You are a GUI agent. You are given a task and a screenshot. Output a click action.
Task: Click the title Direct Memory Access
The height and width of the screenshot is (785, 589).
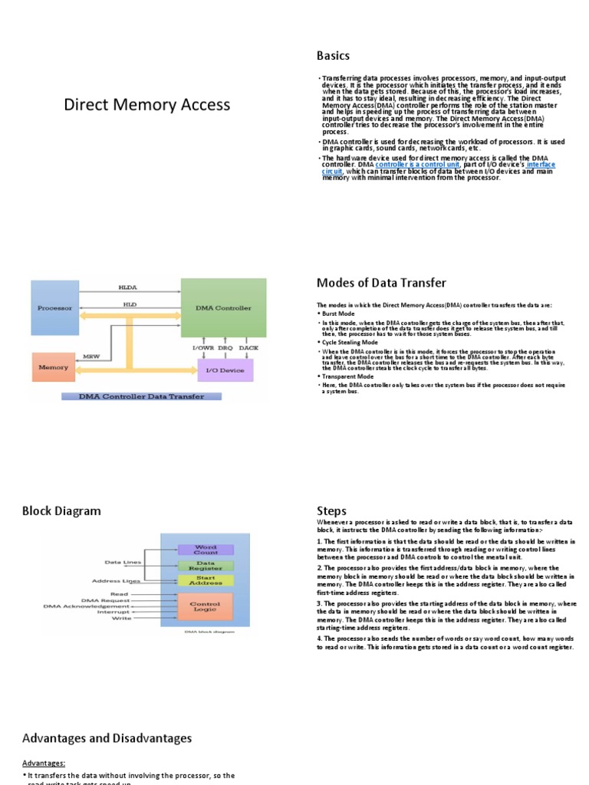coord(146,104)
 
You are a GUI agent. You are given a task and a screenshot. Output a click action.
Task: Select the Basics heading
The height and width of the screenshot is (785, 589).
coord(333,55)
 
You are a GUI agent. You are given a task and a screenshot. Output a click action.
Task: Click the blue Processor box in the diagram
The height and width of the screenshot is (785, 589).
coord(54,307)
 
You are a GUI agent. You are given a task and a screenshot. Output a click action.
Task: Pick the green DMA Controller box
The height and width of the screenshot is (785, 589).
coord(222,307)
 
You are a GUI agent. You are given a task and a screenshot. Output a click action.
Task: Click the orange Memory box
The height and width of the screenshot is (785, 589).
coord(54,367)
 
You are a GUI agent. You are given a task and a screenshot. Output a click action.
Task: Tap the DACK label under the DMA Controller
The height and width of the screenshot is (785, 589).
coord(248,349)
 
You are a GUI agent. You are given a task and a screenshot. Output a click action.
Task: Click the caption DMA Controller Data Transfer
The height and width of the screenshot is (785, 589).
coord(140,396)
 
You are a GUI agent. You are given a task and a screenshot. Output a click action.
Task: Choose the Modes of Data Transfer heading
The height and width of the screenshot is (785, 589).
coord(380,283)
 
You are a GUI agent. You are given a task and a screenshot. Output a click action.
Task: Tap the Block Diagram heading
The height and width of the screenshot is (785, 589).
coord(61,511)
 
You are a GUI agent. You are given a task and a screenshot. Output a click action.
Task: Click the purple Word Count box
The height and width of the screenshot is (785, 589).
coord(206,549)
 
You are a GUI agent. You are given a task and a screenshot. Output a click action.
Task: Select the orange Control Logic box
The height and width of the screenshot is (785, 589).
coord(206,607)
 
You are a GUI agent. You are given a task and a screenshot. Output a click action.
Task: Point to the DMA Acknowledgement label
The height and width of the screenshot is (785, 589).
coord(87,606)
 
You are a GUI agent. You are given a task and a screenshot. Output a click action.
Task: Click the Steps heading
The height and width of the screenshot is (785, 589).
coord(331,511)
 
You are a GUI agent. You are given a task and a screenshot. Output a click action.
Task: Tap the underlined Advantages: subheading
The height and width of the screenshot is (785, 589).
coord(44,763)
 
